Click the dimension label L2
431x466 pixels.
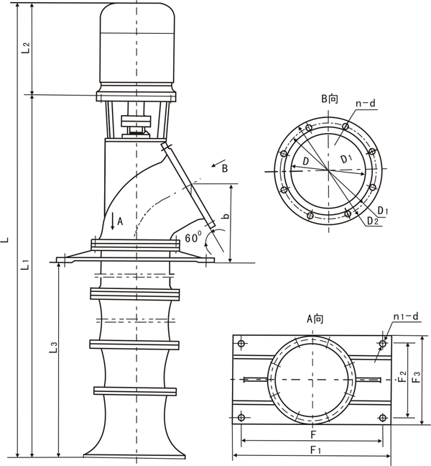25,48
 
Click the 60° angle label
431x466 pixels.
193,237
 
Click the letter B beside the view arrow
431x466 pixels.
225,169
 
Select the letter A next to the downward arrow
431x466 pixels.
121,222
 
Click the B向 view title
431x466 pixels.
329,99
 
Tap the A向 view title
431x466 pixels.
315,318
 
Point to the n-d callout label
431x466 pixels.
366,104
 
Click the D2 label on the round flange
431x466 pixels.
372,221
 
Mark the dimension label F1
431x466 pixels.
314,449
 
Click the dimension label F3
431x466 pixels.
417,378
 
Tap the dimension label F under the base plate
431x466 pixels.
313,434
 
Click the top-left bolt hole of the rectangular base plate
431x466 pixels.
241,342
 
